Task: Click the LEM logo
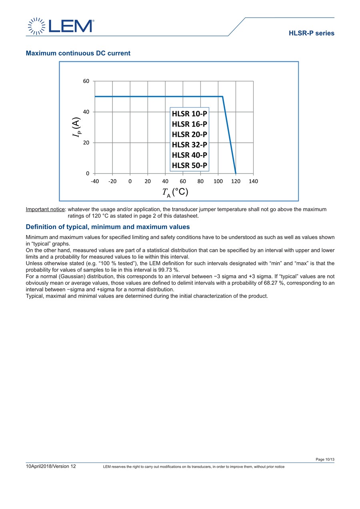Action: click(x=61, y=26)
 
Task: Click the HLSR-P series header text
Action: click(x=311, y=34)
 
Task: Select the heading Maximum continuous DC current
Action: click(x=78, y=53)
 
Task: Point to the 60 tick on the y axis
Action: click(x=86, y=81)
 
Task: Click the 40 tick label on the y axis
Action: click(x=86, y=112)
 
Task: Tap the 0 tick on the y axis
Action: click(x=88, y=174)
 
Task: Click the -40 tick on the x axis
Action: click(x=95, y=182)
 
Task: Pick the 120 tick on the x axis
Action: click(x=236, y=182)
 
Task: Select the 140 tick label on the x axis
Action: click(x=253, y=182)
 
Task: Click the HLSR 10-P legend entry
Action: click(x=189, y=114)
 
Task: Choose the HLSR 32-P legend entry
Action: click(x=189, y=144)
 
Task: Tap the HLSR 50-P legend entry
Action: click(x=189, y=165)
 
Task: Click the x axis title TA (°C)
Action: click(x=175, y=193)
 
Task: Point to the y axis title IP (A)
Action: click(x=76, y=128)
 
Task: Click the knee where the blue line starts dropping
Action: click(x=222, y=96)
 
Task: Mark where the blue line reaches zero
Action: click(x=236, y=173)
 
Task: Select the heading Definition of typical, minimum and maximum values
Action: click(x=108, y=227)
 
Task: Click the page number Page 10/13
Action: click(x=325, y=459)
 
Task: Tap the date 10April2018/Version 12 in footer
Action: click(x=51, y=467)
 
